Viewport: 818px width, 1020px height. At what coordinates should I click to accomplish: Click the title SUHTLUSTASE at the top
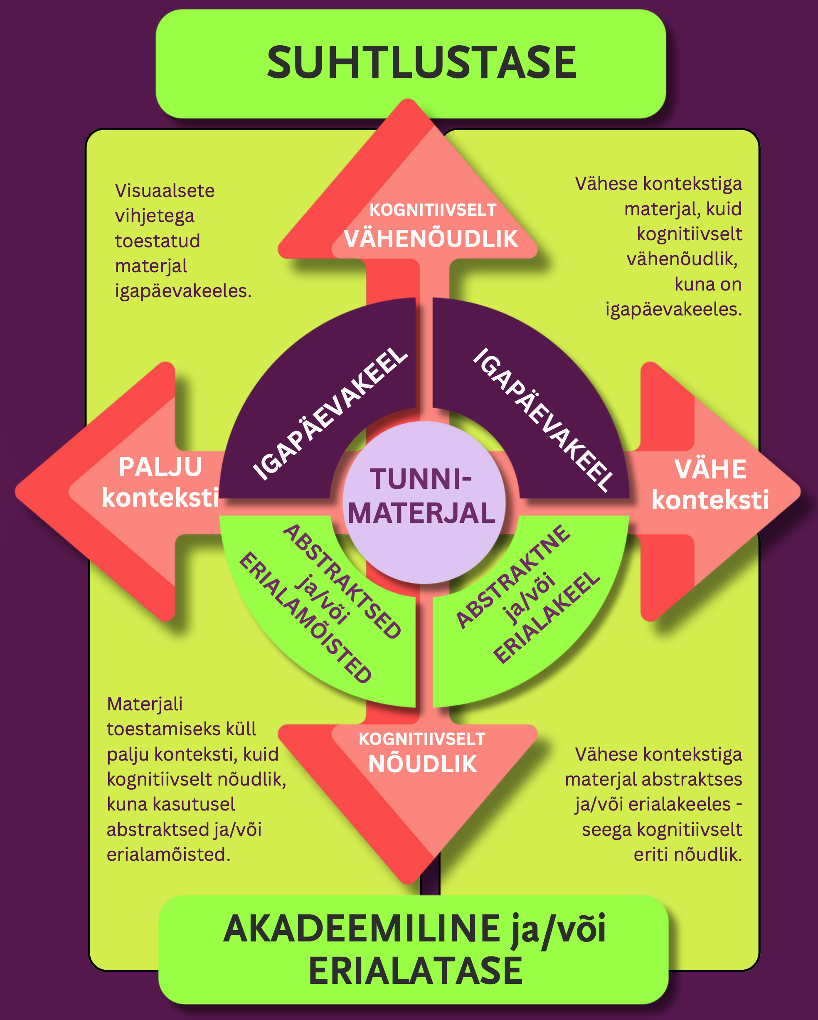click(x=421, y=62)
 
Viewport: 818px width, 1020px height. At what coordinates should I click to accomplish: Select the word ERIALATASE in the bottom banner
click(x=415, y=971)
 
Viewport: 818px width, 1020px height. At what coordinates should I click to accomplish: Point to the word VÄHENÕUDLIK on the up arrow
click(x=431, y=239)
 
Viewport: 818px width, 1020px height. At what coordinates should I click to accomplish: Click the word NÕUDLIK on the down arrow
click(x=422, y=764)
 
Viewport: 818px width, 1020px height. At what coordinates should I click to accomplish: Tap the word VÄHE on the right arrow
click(x=710, y=469)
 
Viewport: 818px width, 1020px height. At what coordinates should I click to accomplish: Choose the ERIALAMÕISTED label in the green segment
click(x=305, y=617)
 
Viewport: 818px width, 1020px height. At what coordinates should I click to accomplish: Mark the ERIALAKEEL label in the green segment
click(x=547, y=617)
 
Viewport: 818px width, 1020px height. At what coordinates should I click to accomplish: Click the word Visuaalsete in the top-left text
click(x=165, y=191)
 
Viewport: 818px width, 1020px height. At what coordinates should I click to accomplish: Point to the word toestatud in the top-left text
click(x=158, y=241)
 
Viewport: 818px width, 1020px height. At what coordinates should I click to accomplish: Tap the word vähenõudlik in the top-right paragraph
click(x=682, y=259)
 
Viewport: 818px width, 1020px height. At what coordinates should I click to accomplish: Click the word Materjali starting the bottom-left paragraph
click(x=145, y=704)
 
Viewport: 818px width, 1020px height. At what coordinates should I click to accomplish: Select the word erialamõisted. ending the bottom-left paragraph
click(x=168, y=855)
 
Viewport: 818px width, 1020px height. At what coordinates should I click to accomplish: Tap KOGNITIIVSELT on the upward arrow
click(x=432, y=210)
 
